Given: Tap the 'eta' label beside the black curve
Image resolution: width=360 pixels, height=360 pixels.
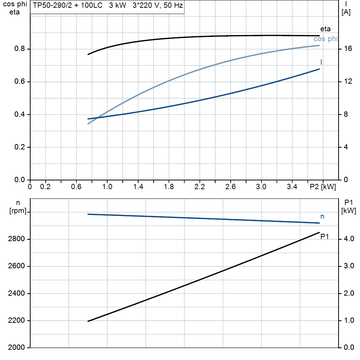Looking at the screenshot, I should [325, 29].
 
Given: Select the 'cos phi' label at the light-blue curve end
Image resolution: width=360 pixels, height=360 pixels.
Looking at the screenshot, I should [325, 39].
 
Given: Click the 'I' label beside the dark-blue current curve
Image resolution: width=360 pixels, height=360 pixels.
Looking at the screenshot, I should [321, 62].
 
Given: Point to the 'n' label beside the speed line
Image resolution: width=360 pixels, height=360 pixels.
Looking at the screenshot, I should [322, 217].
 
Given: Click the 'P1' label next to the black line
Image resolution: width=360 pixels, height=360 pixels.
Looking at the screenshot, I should [324, 237].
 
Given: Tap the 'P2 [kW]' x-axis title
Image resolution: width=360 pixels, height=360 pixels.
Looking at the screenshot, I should [322, 187].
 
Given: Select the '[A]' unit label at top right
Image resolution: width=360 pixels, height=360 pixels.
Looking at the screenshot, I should [346, 12].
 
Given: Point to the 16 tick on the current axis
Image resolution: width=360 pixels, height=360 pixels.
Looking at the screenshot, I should [348, 49].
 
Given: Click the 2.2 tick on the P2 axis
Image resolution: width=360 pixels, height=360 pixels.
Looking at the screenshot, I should [199, 187].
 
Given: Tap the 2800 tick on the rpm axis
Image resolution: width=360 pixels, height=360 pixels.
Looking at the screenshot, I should [16, 239].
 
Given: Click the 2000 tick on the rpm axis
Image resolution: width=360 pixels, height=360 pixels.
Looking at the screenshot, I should [16, 348].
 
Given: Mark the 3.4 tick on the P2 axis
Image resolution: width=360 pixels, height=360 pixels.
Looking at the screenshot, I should [292, 187].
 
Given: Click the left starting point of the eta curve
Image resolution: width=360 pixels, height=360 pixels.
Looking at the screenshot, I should [88, 54].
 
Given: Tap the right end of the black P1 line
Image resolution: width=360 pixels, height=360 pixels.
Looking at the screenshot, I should [319, 232].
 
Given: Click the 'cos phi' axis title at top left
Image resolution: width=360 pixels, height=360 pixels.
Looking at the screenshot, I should [14, 5].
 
